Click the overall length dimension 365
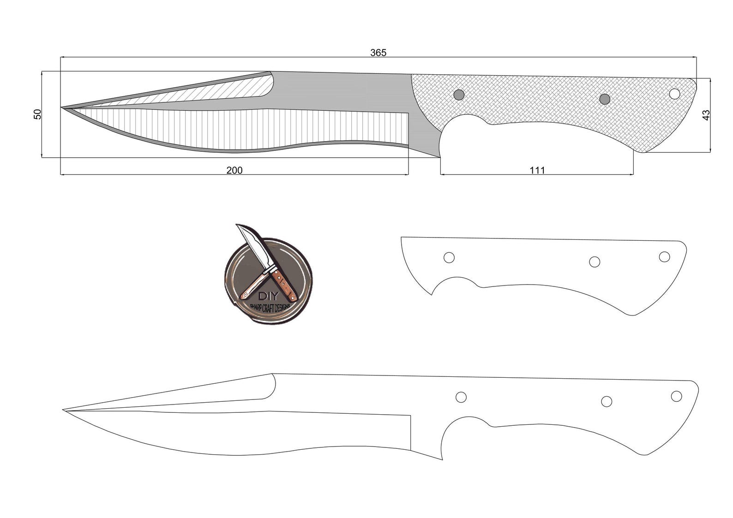[378, 53]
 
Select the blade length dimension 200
[234, 170]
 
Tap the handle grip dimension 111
[537, 170]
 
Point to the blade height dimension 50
[38, 114]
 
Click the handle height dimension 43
[706, 115]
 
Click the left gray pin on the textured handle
[459, 95]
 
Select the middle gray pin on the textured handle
[605, 99]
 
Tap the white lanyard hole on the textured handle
[675, 94]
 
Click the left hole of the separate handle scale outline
[449, 257]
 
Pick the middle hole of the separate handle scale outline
[595, 262]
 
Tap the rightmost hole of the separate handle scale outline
[664, 256]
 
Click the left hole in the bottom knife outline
[461, 397]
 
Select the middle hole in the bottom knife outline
[607, 401]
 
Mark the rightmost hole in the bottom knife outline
[676, 396]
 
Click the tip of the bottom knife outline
[64, 410]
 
